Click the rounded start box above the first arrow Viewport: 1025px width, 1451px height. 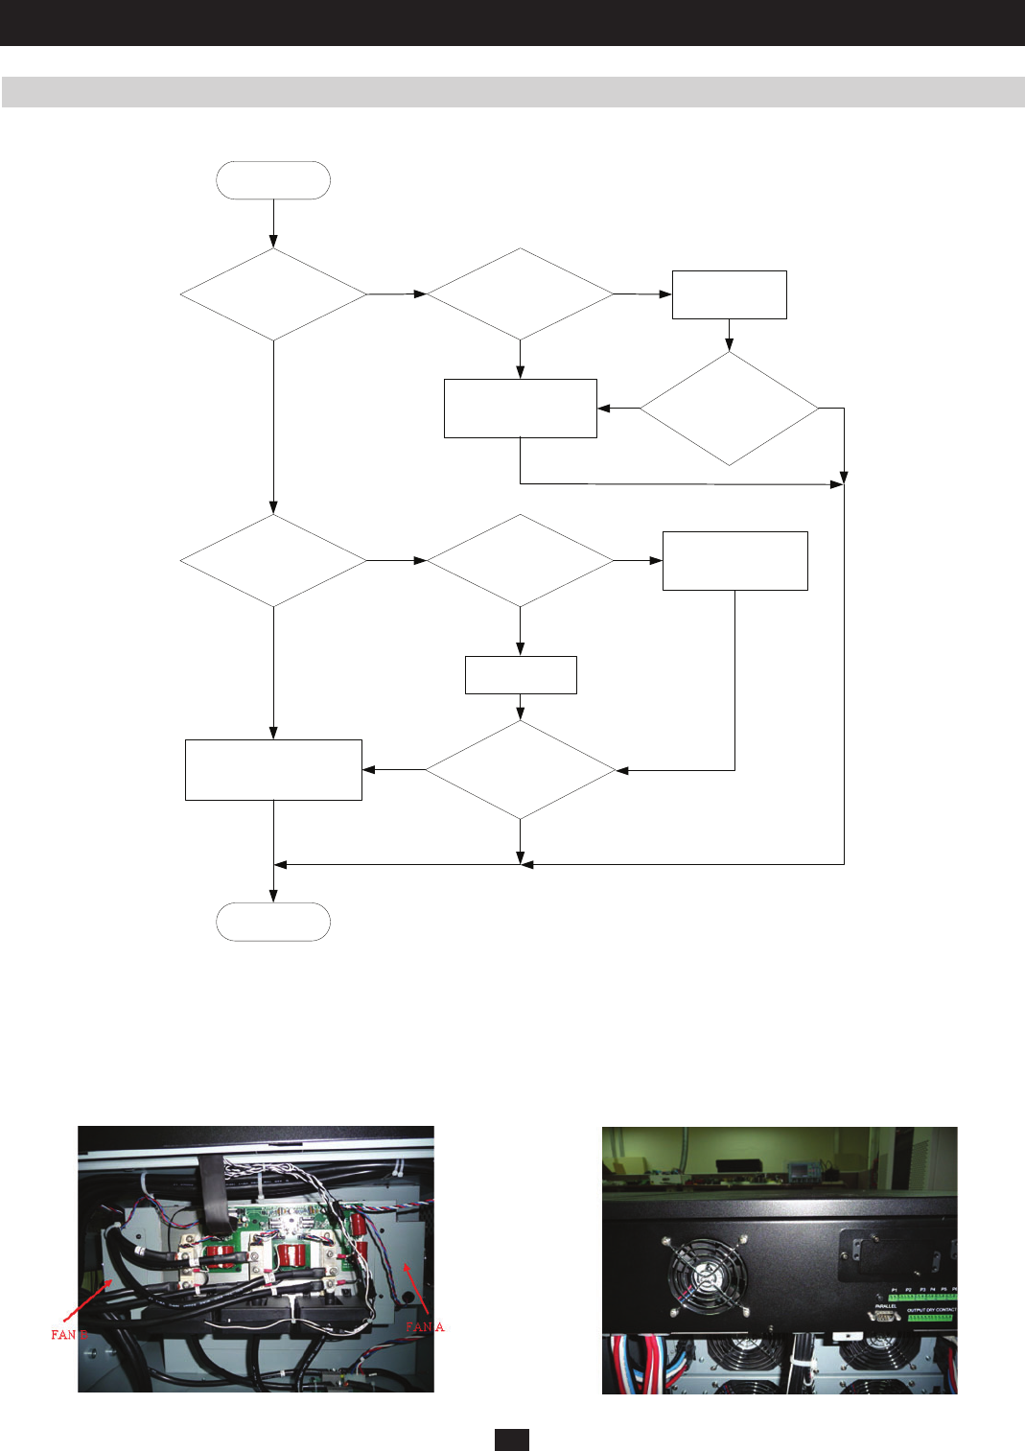pos(273,180)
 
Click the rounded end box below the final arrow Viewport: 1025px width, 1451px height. pos(273,922)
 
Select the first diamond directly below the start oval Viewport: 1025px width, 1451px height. pos(273,294)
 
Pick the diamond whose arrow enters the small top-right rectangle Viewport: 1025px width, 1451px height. pos(520,294)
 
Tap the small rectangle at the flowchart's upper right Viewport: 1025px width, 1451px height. pos(729,294)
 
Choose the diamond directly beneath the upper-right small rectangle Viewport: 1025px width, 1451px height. pos(729,409)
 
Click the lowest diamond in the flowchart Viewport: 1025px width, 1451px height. pos(520,769)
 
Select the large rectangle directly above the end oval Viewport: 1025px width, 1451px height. pos(273,769)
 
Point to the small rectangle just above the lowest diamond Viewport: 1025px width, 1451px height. pos(520,674)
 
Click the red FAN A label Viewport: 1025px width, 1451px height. pos(425,1327)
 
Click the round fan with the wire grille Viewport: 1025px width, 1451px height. pos(706,1275)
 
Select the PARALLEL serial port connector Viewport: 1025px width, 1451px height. pos(883,1316)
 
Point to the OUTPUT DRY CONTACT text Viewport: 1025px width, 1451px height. pos(931,1309)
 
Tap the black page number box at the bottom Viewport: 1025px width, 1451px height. pos(512,1439)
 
